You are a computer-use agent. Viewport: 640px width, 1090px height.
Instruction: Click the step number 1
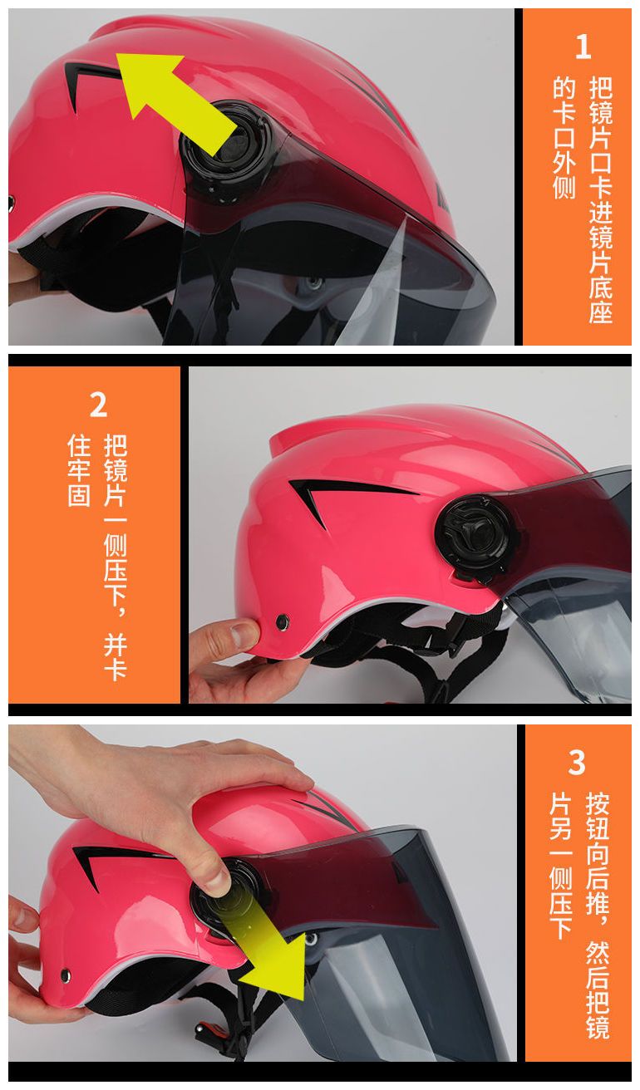coord(583,47)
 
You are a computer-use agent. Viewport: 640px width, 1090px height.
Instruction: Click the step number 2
coord(98,405)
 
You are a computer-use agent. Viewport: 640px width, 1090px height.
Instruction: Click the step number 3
coord(577,762)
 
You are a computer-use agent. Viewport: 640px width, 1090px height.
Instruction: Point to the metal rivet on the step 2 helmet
coord(282,621)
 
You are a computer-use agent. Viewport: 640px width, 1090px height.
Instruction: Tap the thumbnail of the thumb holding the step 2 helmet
coord(242,635)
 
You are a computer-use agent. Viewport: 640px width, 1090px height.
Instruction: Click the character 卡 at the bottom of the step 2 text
coord(116,668)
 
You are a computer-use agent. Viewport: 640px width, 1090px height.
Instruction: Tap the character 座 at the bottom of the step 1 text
coord(601,312)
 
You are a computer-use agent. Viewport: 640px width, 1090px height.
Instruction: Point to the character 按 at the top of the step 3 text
coord(598,803)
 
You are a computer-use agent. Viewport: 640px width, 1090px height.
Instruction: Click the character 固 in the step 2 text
coord(79,495)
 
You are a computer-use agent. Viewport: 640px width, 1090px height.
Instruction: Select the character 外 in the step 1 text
coord(564,163)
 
